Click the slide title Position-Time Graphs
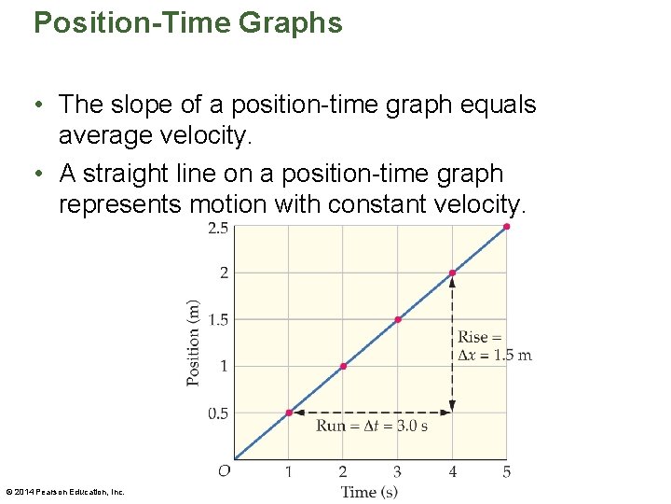187,22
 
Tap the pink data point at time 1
289,413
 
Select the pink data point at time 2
343,366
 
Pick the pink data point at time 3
398,319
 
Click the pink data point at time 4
452,273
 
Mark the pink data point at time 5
507,226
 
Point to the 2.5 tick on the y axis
218,228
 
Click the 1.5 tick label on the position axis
218,320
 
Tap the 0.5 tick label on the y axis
218,413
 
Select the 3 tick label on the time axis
398,472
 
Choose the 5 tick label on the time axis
507,472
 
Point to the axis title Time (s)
369,492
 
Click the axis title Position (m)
194,343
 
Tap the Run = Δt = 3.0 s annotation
372,427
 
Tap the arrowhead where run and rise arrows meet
452,409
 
